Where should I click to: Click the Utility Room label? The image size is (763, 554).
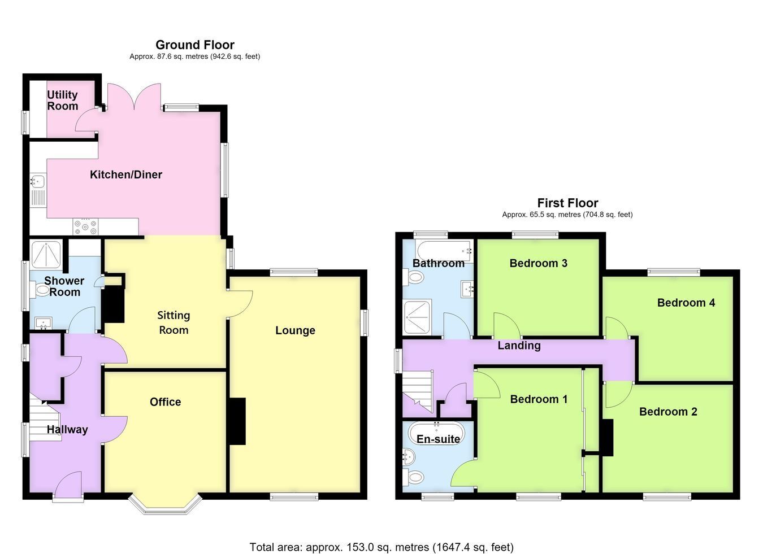coord(62,101)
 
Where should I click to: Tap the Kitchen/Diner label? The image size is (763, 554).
coord(125,175)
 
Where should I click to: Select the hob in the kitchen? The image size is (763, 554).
coord(85,226)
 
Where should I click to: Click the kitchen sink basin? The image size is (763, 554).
coord(38,181)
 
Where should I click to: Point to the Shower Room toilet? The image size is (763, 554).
coord(40,290)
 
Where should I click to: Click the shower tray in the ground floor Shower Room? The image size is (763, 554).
coord(46,255)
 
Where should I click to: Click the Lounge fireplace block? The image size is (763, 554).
coord(237,421)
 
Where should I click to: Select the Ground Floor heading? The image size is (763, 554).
coord(195,45)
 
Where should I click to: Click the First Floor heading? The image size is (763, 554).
coord(567,203)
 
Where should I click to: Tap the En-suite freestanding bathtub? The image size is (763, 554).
coord(437,434)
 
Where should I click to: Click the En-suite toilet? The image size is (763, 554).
coord(413,477)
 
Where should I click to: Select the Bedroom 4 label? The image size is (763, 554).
coord(686,303)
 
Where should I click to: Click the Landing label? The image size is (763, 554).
coord(519,346)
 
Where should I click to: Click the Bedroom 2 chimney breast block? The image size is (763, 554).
coord(608,437)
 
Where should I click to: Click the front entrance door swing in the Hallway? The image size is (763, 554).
coord(69,482)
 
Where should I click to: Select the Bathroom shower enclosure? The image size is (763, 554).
coord(418,316)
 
